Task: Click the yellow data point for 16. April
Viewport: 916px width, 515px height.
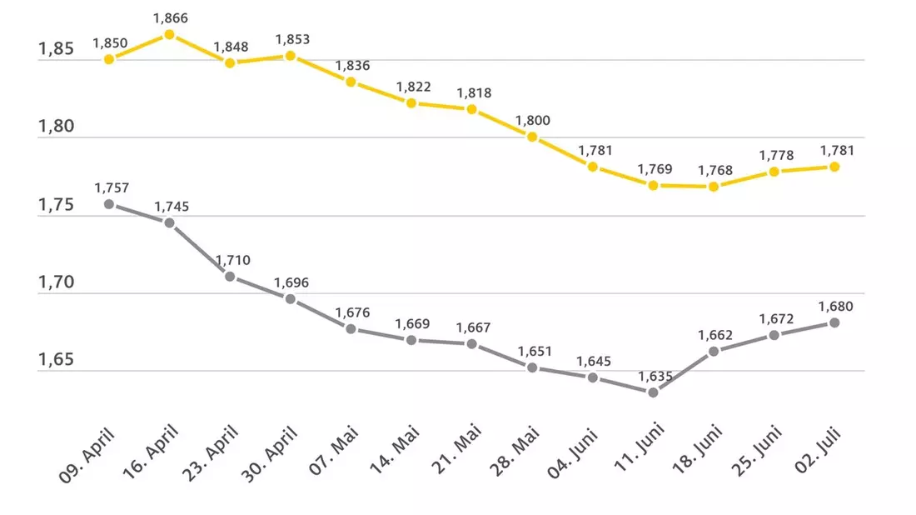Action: point(169,34)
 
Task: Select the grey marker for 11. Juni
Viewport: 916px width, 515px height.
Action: point(653,392)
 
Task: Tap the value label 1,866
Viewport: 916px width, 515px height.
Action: point(171,18)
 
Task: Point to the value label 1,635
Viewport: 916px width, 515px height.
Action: point(655,377)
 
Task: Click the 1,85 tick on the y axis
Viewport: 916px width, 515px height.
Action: point(56,48)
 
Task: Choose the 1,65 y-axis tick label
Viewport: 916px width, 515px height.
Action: point(56,359)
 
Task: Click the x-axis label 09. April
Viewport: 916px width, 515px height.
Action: point(87,455)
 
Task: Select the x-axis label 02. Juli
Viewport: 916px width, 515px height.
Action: point(818,450)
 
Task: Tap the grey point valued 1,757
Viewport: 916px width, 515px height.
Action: point(109,204)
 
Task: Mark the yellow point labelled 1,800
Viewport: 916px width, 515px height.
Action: point(532,137)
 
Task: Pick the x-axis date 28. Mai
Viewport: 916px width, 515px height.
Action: point(514,452)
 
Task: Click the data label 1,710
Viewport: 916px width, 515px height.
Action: point(232,260)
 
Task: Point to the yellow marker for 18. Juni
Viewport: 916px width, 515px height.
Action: point(714,187)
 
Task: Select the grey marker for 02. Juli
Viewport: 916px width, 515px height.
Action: point(834,322)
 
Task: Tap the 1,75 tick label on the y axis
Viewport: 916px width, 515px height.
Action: point(56,205)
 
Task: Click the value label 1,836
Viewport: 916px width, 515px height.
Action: point(352,66)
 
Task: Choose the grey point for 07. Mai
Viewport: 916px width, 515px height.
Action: point(351,329)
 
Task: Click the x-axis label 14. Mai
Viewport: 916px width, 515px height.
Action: point(395,451)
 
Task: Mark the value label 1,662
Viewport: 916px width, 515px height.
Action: point(715,336)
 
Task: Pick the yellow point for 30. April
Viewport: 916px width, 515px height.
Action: point(291,56)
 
